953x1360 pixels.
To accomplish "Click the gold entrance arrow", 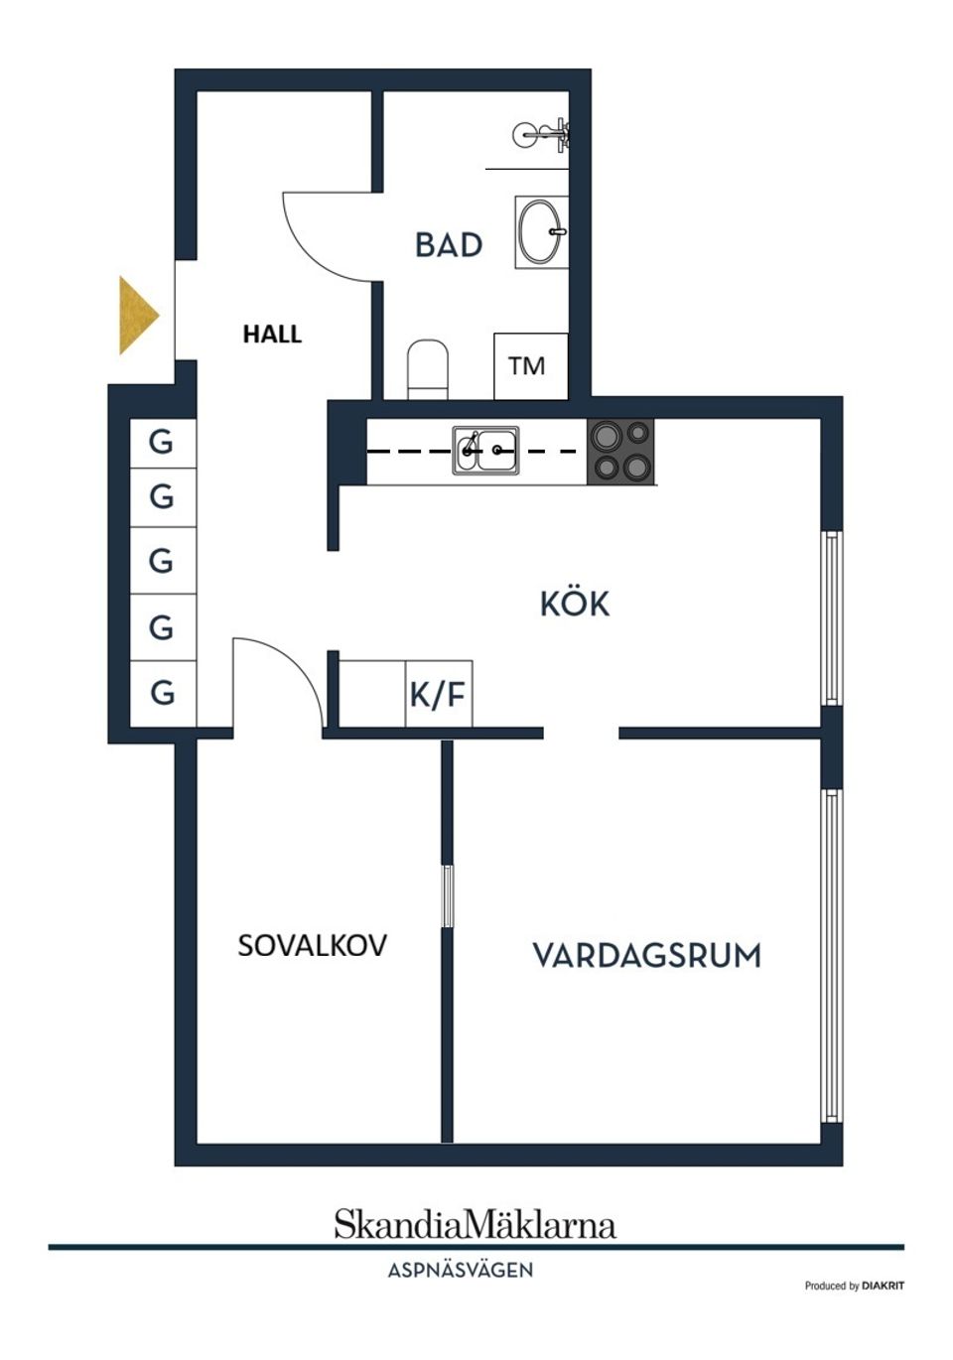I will point(137,315).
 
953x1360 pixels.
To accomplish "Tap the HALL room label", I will point(272,335).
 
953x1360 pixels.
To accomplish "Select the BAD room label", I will point(449,245).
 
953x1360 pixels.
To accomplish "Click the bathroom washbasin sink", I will point(541,232).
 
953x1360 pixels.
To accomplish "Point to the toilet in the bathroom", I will point(428,368).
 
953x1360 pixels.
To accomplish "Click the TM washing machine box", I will point(530,366).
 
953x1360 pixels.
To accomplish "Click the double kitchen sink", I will point(485,450).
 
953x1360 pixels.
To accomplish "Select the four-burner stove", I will point(620,451).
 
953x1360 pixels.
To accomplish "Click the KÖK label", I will point(574,604).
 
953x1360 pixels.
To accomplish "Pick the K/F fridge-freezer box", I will point(438,694).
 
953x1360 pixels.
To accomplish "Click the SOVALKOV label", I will point(312,945).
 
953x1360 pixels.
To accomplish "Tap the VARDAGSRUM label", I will point(647,955).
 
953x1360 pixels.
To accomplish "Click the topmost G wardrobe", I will point(162,442).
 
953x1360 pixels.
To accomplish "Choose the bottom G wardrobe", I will point(162,692).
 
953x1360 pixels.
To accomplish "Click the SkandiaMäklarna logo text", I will point(475,1224).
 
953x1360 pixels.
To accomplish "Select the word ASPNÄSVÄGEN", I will point(461,1270).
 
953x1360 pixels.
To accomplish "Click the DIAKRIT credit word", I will point(884,1287).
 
